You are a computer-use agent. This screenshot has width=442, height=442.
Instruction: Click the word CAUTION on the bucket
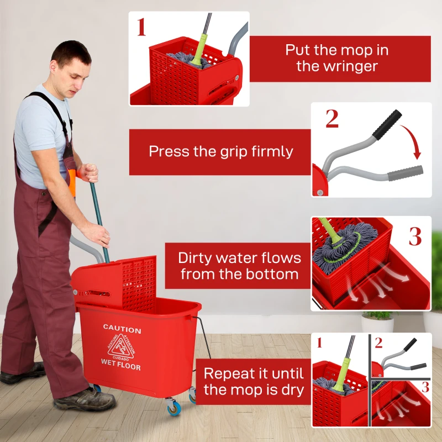(122, 330)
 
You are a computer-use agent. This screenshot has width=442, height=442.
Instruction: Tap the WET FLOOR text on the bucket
(120, 367)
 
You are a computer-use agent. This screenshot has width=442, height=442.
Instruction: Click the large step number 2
(331, 119)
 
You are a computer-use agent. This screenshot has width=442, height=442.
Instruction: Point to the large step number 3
(415, 236)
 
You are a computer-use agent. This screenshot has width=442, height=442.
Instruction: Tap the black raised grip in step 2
(386, 125)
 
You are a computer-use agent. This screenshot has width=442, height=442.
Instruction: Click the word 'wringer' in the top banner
(337, 67)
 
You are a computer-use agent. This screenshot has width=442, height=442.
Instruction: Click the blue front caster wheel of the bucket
(174, 409)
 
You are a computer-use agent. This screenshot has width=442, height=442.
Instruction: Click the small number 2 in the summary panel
(378, 343)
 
